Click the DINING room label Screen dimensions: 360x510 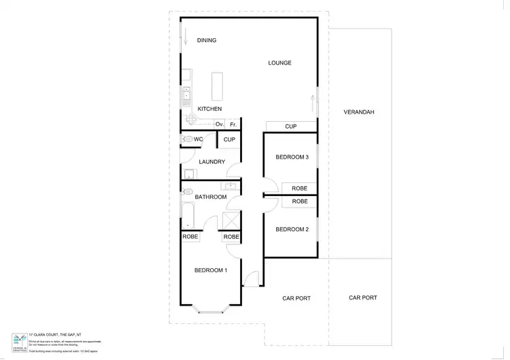coord(207,40)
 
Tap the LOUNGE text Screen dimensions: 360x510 coord(279,63)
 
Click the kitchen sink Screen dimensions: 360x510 coord(185,97)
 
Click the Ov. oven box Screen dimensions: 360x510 coord(220,125)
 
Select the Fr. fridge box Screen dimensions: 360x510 coord(233,125)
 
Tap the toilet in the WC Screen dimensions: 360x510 coord(186,140)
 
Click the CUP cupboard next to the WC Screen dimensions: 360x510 coord(229,140)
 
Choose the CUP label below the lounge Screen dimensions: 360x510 coord(291,127)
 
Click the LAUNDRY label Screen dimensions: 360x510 coord(211,162)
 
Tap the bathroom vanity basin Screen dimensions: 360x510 coord(231,185)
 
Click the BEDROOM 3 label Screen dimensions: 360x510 coord(292,157)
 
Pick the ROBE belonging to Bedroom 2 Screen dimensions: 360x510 coord(299,201)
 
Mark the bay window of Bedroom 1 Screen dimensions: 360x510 coord(210,308)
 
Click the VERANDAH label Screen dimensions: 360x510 coord(359,112)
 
